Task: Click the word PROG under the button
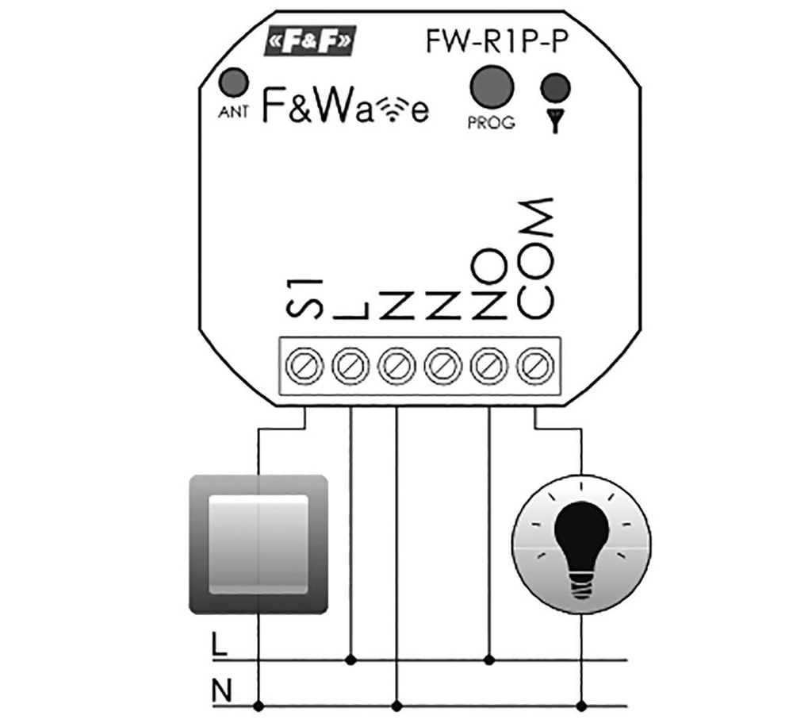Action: coord(491,123)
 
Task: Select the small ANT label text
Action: coord(233,112)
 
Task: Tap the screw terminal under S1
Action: coord(304,366)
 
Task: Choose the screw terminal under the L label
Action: coord(350,366)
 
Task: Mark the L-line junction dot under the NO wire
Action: coord(489,659)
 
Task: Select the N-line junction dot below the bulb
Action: coord(583,705)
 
